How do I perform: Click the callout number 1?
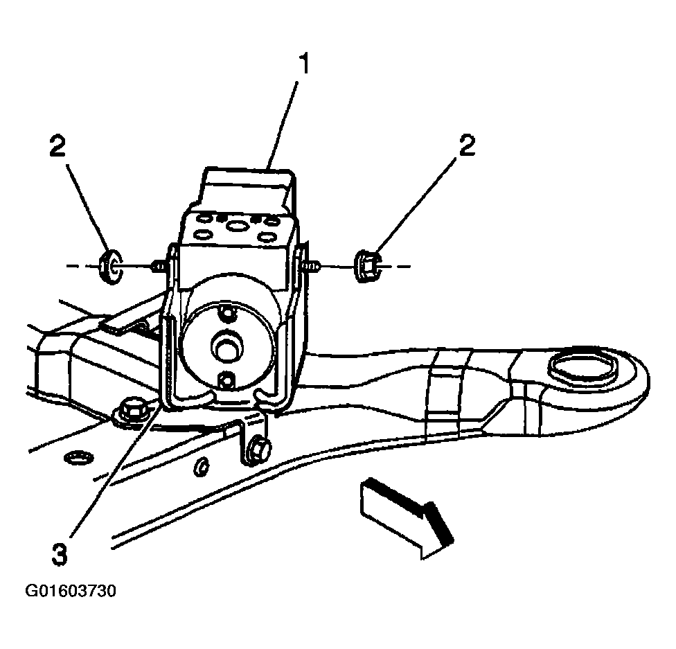click(304, 64)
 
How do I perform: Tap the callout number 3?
click(60, 554)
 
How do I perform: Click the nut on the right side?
click(367, 267)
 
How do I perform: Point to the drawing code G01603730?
click(70, 591)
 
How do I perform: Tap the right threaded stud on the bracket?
click(310, 267)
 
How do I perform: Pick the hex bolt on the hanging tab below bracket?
click(258, 451)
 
